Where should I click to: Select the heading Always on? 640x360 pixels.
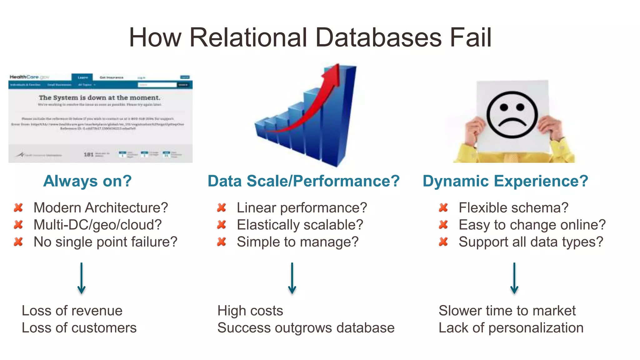(87, 181)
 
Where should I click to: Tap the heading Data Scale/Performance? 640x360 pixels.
(303, 181)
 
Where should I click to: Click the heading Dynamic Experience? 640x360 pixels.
(505, 181)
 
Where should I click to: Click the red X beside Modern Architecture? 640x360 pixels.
(18, 207)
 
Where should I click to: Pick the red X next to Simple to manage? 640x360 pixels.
(222, 242)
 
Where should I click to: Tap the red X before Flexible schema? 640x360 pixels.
(443, 207)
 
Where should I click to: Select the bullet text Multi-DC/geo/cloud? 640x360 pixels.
(97, 225)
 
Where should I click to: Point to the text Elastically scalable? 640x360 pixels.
(300, 225)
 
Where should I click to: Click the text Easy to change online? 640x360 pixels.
(532, 225)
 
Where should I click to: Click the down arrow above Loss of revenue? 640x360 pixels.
(82, 278)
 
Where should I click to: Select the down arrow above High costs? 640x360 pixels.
(292, 278)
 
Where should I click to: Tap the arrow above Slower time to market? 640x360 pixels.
(514, 278)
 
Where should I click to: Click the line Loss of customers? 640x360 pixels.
(79, 328)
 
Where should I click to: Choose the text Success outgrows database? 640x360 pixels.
(306, 328)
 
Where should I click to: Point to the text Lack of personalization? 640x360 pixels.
(511, 328)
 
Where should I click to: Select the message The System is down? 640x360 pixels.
(99, 98)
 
